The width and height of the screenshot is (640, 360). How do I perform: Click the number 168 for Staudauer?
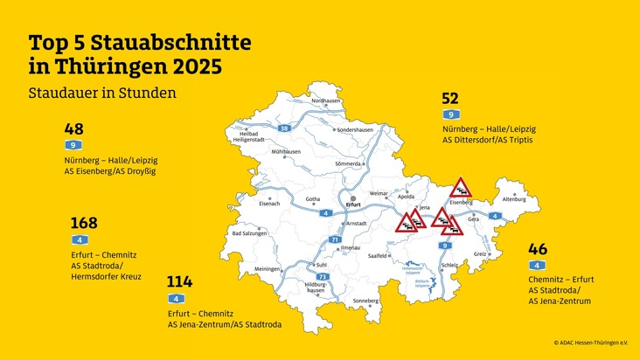click(x=84, y=223)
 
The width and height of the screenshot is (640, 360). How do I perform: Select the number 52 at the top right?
click(x=450, y=99)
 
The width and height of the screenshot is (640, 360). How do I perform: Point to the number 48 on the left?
click(x=73, y=128)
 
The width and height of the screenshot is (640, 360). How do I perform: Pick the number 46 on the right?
click(x=537, y=249)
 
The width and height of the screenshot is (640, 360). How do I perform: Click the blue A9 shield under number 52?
click(x=450, y=114)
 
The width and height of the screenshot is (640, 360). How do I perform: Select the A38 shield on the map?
click(x=283, y=128)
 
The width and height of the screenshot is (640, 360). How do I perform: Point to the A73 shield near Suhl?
click(x=322, y=276)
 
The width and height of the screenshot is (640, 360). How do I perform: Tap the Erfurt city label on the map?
click(x=353, y=204)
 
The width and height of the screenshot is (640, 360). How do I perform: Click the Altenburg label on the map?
click(x=514, y=199)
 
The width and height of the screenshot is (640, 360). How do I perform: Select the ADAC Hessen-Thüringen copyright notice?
click(x=591, y=343)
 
